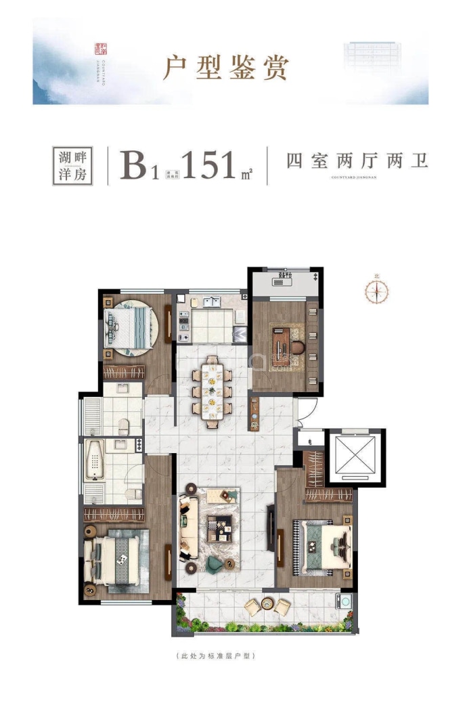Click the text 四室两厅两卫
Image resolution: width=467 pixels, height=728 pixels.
[x=357, y=161]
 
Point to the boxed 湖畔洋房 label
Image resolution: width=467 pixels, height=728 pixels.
[x=71, y=165]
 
